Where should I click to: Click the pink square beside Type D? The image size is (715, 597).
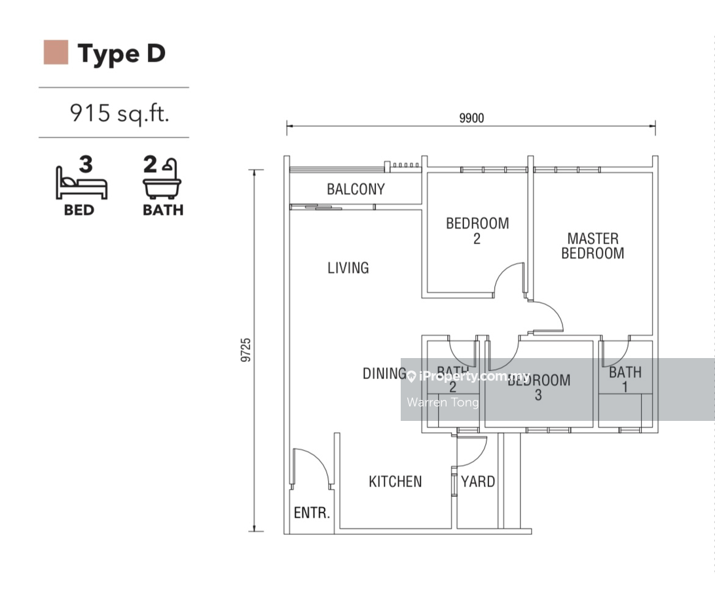[56, 52]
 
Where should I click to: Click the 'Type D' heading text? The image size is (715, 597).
[121, 54]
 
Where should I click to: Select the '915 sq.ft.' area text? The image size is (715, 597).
[119, 113]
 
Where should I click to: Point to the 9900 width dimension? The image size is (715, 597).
[471, 118]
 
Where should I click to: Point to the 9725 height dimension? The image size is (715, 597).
[246, 350]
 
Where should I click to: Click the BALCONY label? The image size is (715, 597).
[356, 189]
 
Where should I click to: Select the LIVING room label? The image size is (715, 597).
[348, 268]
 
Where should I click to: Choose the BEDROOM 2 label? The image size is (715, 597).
[477, 230]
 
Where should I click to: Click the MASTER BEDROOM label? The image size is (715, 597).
[593, 245]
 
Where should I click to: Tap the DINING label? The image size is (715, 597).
[384, 374]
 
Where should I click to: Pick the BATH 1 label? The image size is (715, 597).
[625, 379]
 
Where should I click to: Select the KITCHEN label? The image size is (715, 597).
[395, 482]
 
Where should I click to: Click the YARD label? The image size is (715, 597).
[478, 482]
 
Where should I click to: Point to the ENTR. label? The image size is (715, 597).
[312, 513]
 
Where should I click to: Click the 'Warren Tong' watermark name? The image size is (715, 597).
[443, 402]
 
